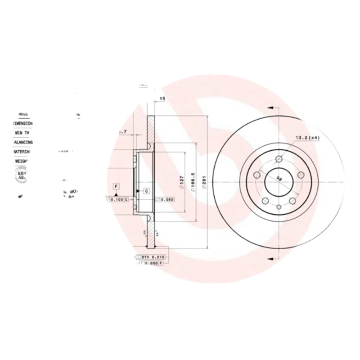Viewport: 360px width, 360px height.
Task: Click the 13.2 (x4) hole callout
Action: (x=307, y=138)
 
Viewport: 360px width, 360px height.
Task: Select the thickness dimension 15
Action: (x=162, y=98)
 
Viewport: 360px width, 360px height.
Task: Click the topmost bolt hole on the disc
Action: (x=279, y=159)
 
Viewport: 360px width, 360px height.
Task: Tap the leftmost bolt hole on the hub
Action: (x=256, y=175)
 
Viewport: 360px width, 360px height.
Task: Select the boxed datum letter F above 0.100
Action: (x=116, y=186)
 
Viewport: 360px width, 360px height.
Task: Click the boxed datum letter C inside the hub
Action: (x=147, y=191)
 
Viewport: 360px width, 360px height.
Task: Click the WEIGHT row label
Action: (x=22, y=160)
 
